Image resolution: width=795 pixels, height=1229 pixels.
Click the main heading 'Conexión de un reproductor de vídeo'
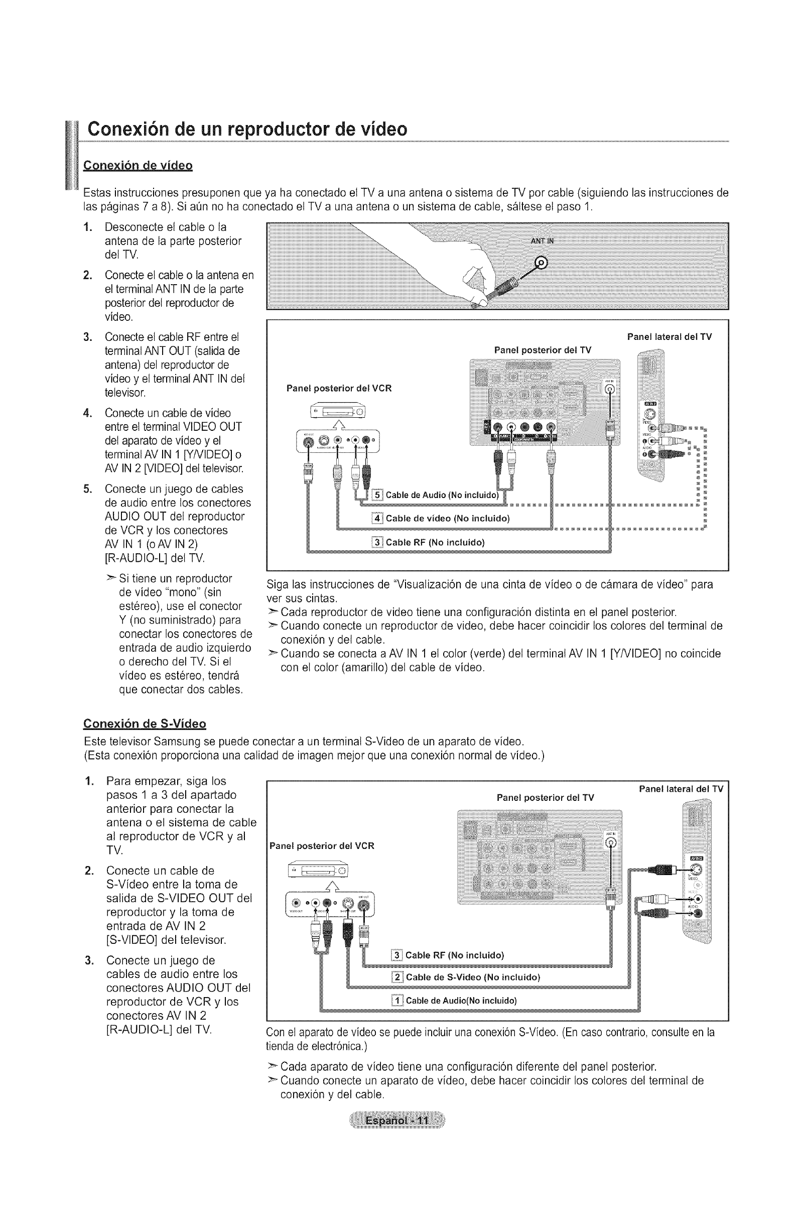point(247,129)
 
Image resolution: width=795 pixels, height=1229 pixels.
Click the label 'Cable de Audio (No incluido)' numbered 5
point(442,496)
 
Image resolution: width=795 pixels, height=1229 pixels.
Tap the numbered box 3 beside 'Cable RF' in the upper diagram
point(377,542)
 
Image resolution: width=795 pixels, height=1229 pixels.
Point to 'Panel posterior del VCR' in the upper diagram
point(339,388)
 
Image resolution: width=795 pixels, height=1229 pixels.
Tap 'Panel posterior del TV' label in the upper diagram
point(543,350)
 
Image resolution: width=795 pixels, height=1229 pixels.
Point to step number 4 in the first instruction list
point(88,413)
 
